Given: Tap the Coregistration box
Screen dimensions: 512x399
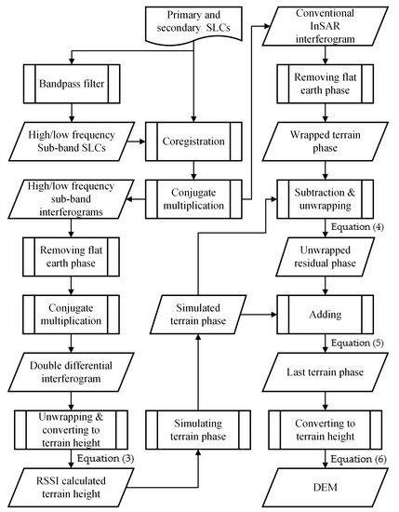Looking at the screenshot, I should click(194, 142).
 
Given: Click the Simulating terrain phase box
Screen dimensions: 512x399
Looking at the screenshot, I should click(194, 428).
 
